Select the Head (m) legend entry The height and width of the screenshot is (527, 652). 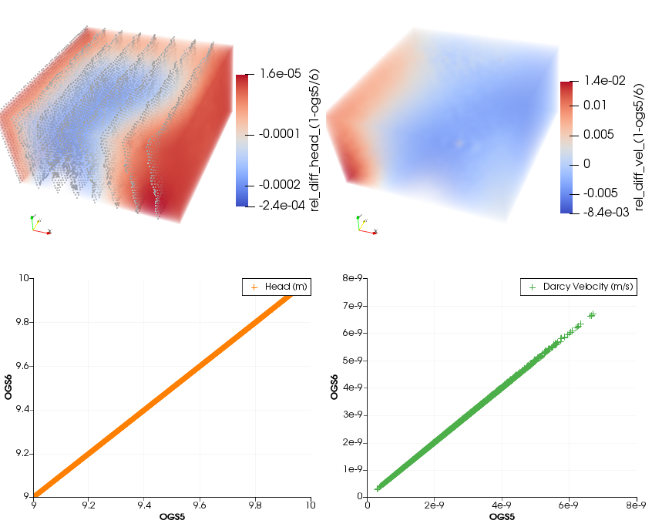(x=276, y=287)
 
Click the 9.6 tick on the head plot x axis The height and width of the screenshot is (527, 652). (x=200, y=505)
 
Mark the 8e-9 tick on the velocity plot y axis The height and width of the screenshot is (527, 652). (x=351, y=278)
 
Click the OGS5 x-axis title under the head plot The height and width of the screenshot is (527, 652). (x=172, y=516)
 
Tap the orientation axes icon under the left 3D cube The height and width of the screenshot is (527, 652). (x=39, y=225)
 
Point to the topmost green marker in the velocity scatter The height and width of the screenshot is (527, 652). (x=592, y=314)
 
